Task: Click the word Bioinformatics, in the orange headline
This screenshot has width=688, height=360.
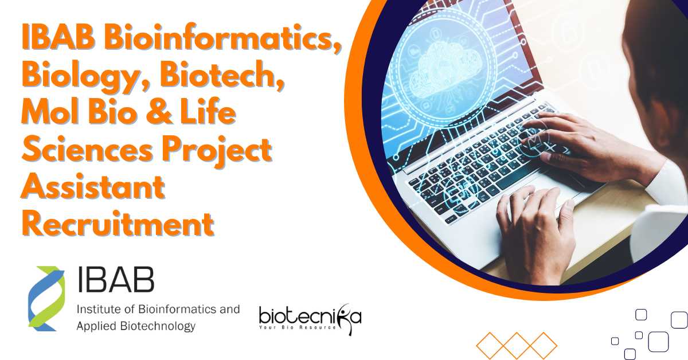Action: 222,39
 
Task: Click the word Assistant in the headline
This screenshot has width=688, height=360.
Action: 93,187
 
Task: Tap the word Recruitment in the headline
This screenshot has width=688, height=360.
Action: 118,224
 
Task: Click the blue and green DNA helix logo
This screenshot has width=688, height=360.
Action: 46,299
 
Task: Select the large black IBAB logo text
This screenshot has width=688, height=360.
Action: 116,279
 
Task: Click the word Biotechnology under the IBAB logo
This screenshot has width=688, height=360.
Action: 158,326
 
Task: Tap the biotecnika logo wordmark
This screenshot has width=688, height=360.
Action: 310,317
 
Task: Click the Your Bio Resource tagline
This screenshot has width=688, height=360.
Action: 298,327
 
